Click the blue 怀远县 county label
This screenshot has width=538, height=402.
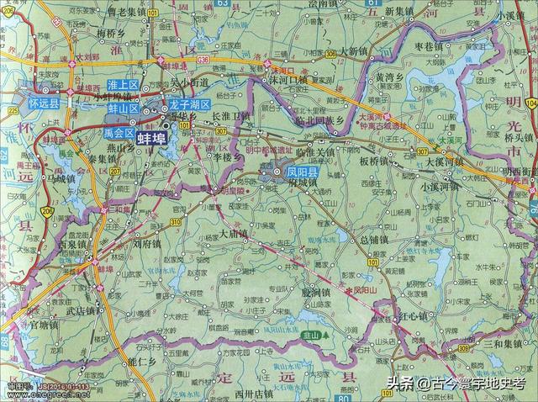pos(44,103)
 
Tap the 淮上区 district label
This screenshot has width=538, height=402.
pos(123,86)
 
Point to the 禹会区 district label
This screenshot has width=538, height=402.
pos(119,133)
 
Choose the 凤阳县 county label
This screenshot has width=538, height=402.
pos(301,172)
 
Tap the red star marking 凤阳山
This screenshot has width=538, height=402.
pos(349,289)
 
